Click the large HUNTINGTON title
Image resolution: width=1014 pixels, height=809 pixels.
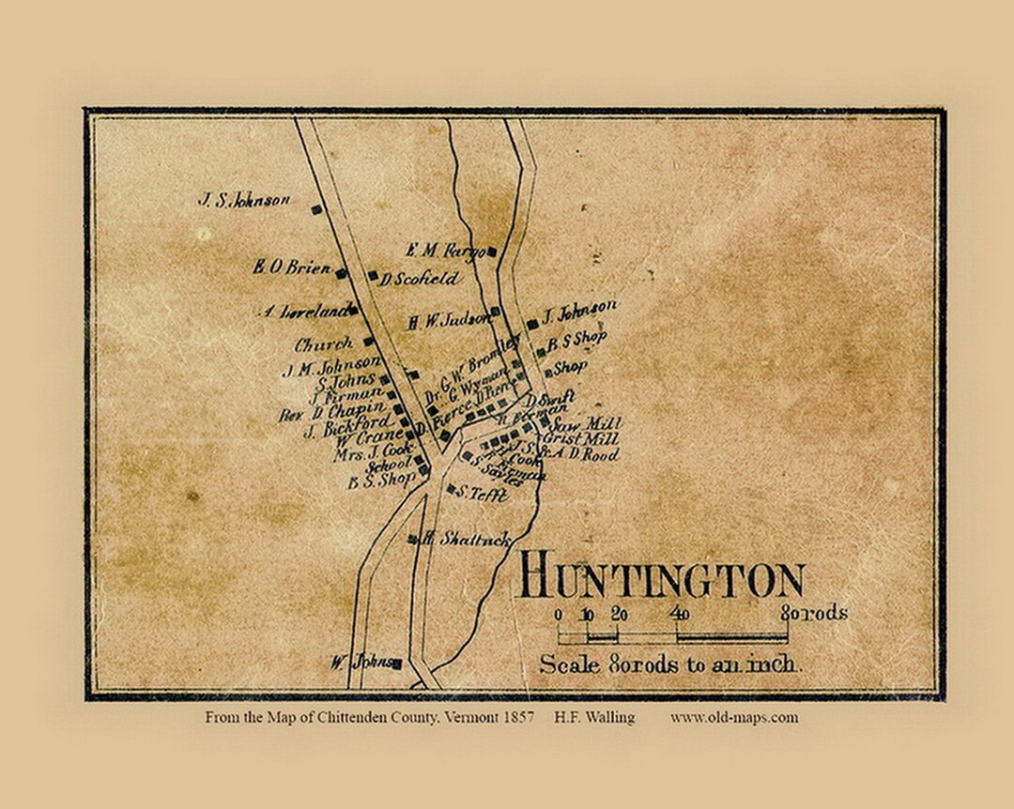[661, 578]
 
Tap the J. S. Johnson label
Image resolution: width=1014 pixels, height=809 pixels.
[243, 199]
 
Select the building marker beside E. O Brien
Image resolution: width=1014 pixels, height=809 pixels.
[342, 273]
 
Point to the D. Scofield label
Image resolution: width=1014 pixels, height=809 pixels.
[420, 279]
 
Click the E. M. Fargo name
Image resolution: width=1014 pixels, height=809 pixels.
[444, 251]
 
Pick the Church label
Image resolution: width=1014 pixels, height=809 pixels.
[324, 344]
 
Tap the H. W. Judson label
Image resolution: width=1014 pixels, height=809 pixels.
[449, 320]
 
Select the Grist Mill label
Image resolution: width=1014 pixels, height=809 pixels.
[588, 439]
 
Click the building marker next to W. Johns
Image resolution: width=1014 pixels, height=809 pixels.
[397, 664]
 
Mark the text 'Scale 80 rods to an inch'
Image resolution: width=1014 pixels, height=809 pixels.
[670, 664]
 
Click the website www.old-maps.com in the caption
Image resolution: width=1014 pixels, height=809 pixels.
[734, 717]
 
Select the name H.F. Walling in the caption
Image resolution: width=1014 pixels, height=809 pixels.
[594, 717]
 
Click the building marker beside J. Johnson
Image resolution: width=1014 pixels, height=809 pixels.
[532, 324]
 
